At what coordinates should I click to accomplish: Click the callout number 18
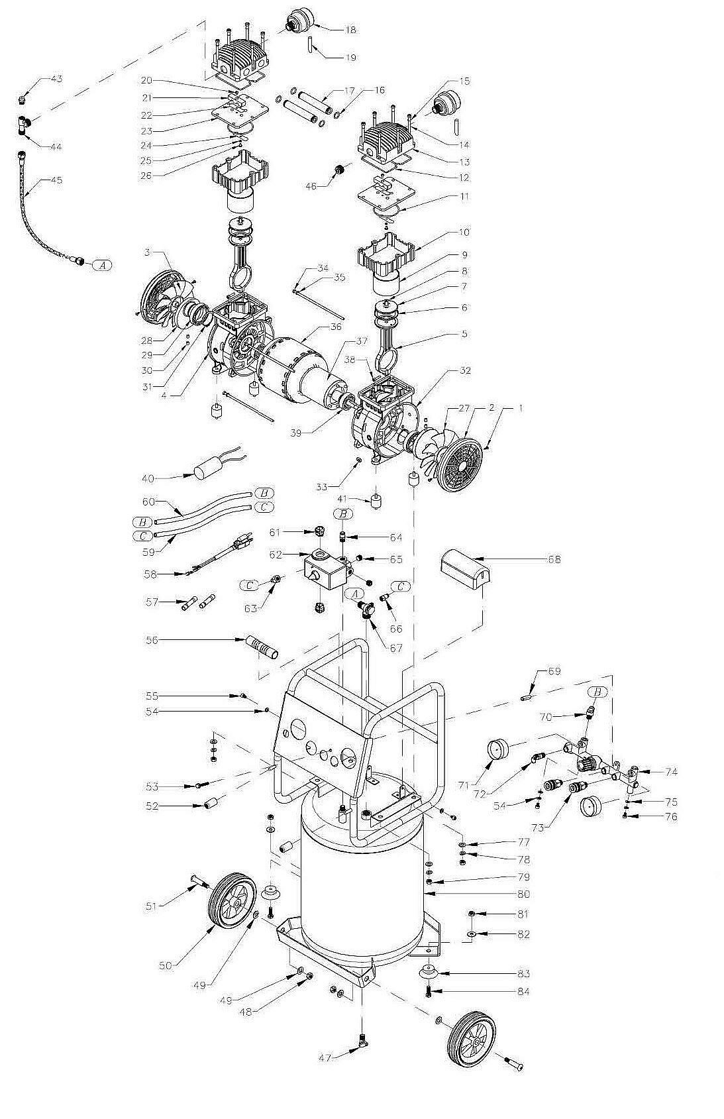click(x=350, y=30)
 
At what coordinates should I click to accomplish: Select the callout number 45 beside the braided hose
click(x=56, y=180)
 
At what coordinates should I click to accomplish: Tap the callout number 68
click(x=554, y=559)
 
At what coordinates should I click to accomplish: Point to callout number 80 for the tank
click(x=523, y=894)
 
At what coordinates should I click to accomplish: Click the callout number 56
click(x=152, y=641)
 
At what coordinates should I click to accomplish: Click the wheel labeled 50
click(x=233, y=899)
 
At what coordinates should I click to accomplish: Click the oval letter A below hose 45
click(x=101, y=265)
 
